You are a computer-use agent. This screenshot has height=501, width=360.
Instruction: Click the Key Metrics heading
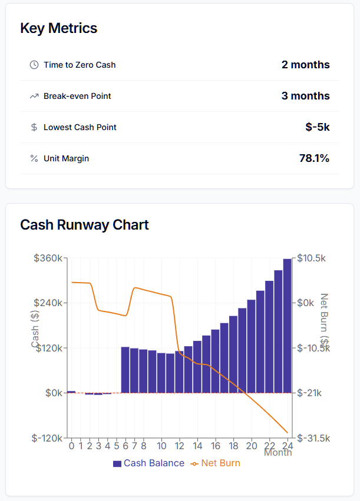click(59, 28)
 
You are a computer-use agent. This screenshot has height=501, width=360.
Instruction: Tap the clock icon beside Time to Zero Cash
click(34, 65)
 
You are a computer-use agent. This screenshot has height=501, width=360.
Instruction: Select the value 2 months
click(305, 65)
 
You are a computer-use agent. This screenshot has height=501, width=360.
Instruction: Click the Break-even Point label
click(77, 96)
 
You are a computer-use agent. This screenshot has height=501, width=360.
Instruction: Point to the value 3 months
click(305, 96)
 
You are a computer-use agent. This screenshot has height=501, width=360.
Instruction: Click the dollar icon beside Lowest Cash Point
click(34, 127)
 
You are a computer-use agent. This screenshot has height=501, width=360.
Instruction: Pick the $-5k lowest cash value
click(318, 127)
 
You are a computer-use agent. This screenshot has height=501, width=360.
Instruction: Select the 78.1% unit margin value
click(314, 158)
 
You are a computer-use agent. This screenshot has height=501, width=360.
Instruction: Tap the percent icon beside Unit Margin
click(34, 158)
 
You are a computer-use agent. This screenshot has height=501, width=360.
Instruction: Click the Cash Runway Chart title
click(84, 225)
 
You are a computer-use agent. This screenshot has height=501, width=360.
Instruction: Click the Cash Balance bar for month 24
click(287, 326)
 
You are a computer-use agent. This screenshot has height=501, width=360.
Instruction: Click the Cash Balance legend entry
click(148, 463)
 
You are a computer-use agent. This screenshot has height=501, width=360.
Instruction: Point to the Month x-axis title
click(278, 453)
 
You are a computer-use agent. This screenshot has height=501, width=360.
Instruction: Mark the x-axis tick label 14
click(197, 445)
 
